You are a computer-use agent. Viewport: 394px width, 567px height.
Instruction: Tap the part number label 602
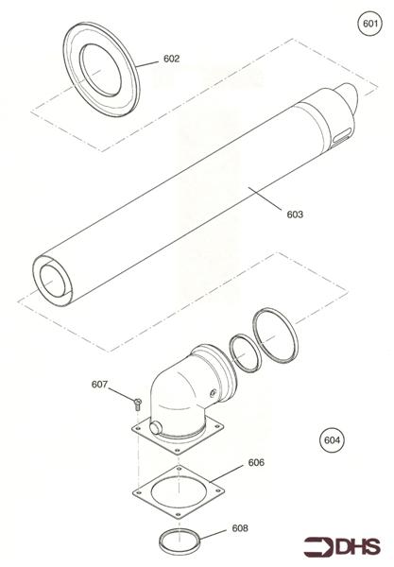pyautogui.click(x=171, y=59)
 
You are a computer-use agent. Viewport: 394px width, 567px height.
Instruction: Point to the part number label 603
pyautogui.click(x=294, y=215)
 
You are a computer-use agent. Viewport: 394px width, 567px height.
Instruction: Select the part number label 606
pyautogui.click(x=255, y=463)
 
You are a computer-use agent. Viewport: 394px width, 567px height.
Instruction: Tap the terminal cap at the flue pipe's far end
pyautogui.click(x=343, y=103)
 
